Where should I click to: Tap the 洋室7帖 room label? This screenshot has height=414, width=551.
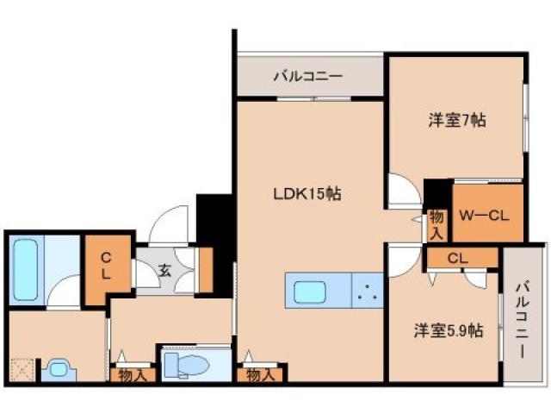(457, 121)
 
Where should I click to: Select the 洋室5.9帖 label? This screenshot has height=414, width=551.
(448, 330)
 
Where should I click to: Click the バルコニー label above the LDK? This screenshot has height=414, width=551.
(307, 77)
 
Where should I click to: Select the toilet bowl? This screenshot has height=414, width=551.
(187, 365)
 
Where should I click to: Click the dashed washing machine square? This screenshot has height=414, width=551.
(23, 369)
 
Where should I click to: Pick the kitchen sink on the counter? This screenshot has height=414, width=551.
(312, 292)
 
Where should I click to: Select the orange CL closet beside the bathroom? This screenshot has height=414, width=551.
(105, 267)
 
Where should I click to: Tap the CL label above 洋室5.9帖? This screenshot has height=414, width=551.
(458, 258)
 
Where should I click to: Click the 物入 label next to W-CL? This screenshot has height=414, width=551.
(436, 223)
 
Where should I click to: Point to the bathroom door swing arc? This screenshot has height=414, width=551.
(65, 295)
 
